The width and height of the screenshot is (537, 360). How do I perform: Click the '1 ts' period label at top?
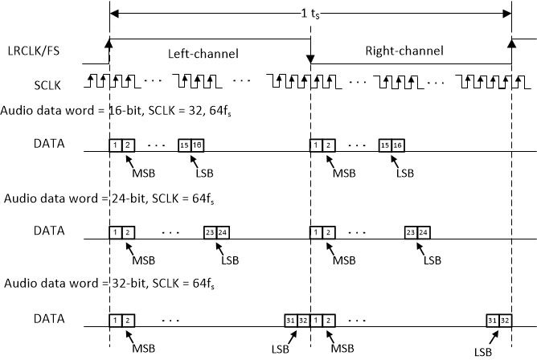(x=309, y=14)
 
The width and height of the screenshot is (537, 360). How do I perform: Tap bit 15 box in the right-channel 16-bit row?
(x=385, y=145)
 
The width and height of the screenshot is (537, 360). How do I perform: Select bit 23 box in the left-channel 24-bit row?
(x=210, y=231)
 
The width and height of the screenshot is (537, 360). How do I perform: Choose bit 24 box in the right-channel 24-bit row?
(x=423, y=231)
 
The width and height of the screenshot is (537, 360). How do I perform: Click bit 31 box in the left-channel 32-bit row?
(x=291, y=319)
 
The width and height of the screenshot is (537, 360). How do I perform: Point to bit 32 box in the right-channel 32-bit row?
(x=505, y=319)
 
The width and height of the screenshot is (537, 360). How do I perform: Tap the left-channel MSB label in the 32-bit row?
(x=143, y=348)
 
